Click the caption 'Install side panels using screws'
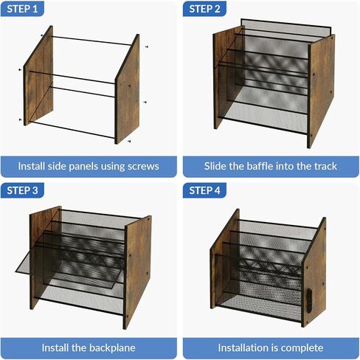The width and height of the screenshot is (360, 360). click(89, 166)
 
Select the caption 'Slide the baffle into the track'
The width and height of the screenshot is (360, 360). click(269, 166)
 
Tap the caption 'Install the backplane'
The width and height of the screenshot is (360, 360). click(89, 347)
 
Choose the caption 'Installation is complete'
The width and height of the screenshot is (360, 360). click(269, 347)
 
